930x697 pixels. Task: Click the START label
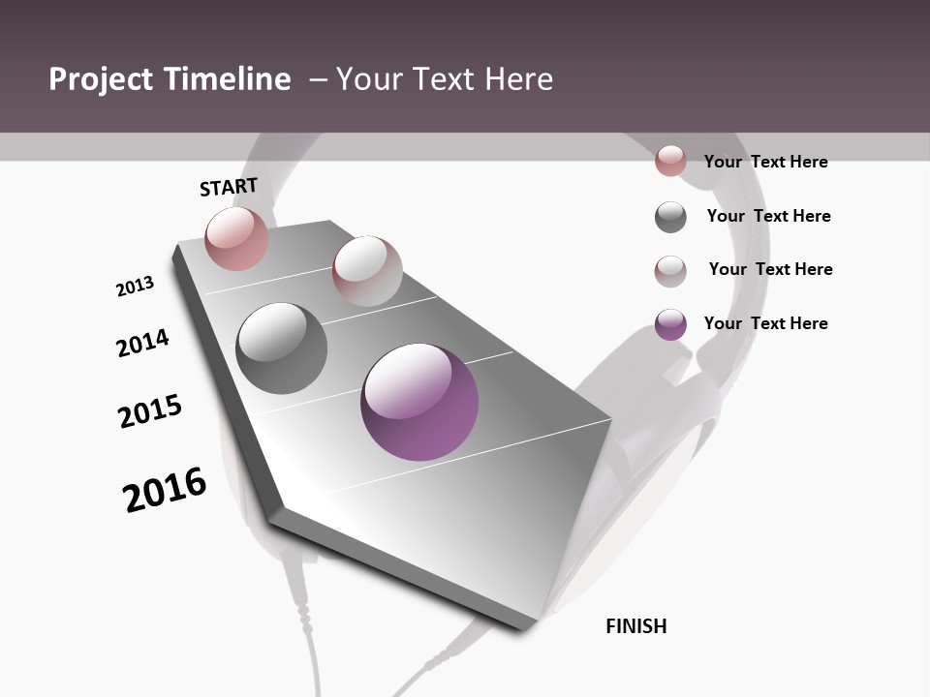click(229, 187)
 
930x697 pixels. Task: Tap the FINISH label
click(636, 626)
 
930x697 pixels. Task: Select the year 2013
click(135, 287)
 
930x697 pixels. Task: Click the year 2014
click(142, 343)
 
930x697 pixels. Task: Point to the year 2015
click(150, 410)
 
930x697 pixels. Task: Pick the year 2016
click(165, 490)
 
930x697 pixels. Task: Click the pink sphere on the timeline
click(236, 238)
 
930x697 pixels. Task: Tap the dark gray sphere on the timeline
click(281, 348)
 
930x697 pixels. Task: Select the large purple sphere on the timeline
click(419, 402)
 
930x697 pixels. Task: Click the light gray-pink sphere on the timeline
click(367, 271)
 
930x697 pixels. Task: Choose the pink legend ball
click(670, 161)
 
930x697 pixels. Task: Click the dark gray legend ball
click(670, 217)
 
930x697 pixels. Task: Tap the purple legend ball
click(670, 324)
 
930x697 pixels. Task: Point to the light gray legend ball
click(670, 271)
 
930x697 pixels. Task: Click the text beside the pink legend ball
click(765, 162)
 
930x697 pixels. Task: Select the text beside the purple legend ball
click(765, 323)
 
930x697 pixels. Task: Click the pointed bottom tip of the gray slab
click(526, 628)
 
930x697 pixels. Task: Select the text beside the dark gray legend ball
click(768, 216)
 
